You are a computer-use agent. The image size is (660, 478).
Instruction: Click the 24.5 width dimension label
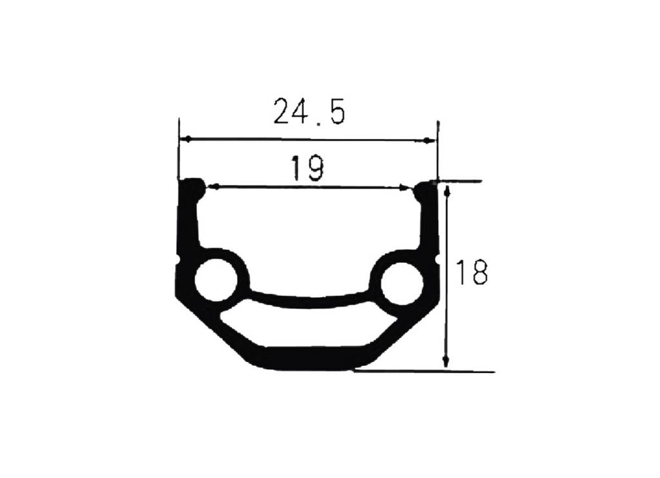click(309, 111)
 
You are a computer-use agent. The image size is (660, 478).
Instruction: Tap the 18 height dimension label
click(471, 272)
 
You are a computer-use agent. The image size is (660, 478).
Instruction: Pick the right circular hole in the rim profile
click(402, 283)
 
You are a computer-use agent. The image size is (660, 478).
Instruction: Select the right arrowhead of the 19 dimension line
click(405, 187)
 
